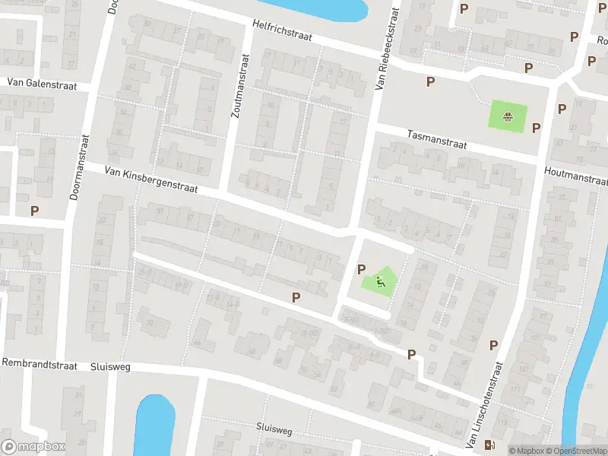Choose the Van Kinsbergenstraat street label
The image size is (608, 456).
tap(151, 181)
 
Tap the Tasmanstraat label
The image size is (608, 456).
tap(436, 139)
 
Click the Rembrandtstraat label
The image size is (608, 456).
tap(40, 365)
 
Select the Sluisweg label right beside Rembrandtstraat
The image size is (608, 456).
tap(111, 366)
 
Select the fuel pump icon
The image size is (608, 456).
tap(491, 445)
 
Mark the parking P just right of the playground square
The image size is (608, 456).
tap(536, 128)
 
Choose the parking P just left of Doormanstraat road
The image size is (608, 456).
tap(34, 211)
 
